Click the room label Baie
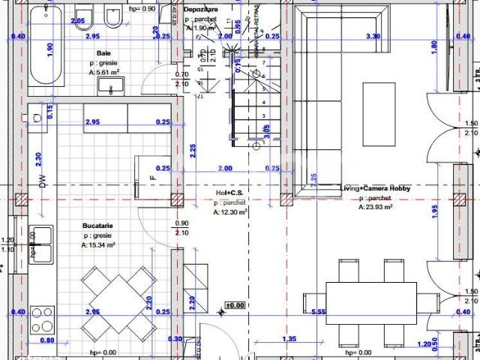coord(104,53)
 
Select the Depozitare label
coord(201,8)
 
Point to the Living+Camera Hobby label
coord(375,188)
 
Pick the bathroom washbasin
coord(111,87)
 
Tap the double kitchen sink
coord(41,244)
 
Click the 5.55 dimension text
coord(319,312)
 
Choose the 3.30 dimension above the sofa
coord(372,36)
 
